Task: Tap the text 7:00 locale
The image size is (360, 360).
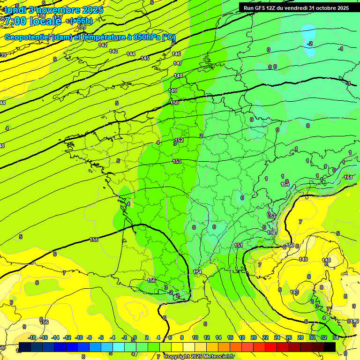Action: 33,21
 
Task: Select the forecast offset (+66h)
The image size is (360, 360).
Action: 81,21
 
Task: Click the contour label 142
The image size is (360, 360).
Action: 103,45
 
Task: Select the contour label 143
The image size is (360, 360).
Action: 113,51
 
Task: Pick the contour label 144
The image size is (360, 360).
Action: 131,54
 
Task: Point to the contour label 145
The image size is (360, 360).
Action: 145,58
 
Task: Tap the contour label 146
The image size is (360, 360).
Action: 176,54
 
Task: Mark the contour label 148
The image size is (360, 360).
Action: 178,75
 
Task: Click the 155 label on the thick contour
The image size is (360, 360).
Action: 94,240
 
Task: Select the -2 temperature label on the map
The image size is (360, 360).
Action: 310,44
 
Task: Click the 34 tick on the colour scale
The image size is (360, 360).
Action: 336,337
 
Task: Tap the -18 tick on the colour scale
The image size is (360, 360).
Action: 32,337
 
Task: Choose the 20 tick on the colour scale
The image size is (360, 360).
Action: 254,337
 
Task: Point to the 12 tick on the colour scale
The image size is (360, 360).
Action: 207,337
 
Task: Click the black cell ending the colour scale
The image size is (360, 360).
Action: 330,347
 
